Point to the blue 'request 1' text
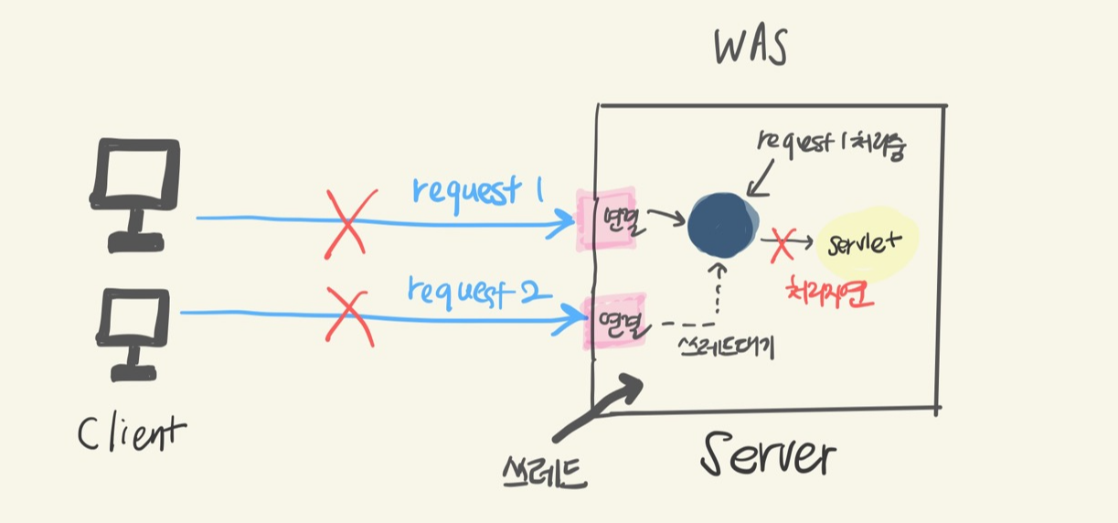(x=478, y=189)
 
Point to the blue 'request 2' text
(x=478, y=290)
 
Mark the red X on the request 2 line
(x=348, y=313)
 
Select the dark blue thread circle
(x=722, y=226)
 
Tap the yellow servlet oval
(x=865, y=244)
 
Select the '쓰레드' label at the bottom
(x=546, y=471)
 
